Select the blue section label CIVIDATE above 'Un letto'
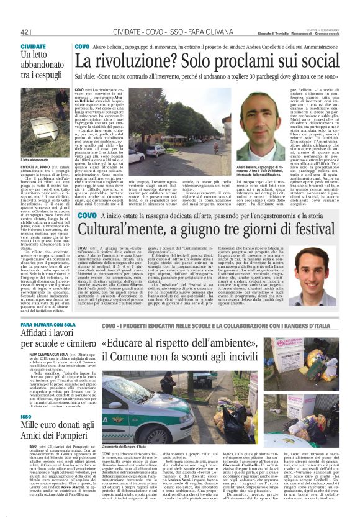pos(33,47)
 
